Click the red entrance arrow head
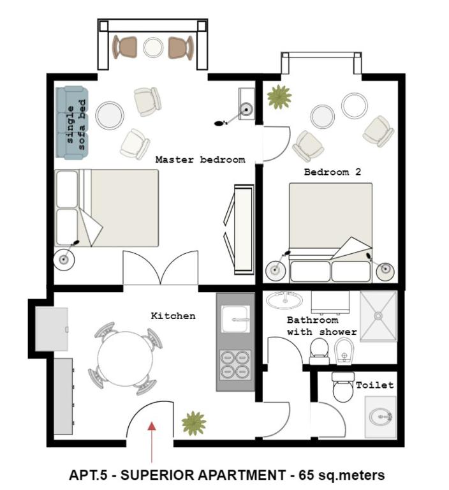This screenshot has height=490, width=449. tap(152, 426)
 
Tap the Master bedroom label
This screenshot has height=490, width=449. tap(200, 160)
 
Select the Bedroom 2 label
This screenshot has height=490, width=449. tap(332, 172)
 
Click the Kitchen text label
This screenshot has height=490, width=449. tap(173, 316)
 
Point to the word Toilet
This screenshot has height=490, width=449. tap(374, 385)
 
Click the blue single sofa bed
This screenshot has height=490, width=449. tap(72, 122)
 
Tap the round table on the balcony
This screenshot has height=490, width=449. tap(153, 47)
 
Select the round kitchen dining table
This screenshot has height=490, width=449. tap(125, 359)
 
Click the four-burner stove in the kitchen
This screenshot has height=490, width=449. tap(235, 365)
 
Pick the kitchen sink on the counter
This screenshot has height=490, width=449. tap(235, 319)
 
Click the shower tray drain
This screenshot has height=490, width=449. tap(378, 316)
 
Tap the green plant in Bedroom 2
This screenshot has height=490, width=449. tap(279, 97)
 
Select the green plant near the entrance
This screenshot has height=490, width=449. tap(194, 424)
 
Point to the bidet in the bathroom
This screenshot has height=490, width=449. tap(344, 352)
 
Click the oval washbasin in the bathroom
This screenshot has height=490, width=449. tap(284, 300)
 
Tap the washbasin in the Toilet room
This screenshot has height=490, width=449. tap(380, 417)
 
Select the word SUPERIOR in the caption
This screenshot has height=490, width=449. tap(157, 475)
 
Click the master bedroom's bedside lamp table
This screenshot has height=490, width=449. tap(64, 259)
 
